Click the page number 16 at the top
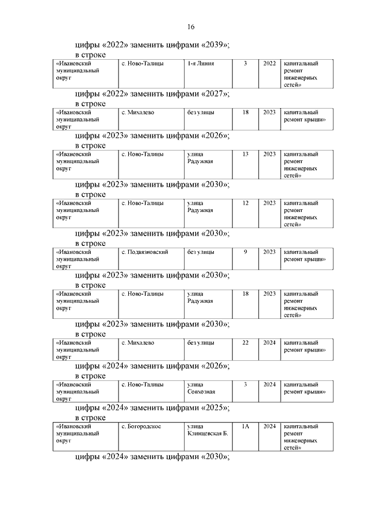click(191, 27)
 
